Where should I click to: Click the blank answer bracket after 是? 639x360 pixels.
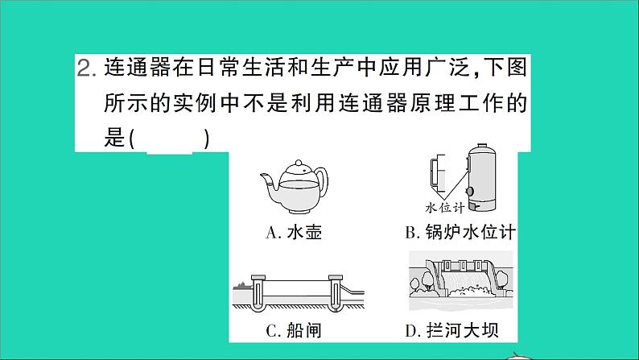click(170, 139)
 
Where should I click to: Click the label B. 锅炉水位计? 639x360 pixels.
click(460, 234)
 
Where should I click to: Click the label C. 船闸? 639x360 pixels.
click(295, 330)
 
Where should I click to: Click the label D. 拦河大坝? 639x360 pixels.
click(460, 330)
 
